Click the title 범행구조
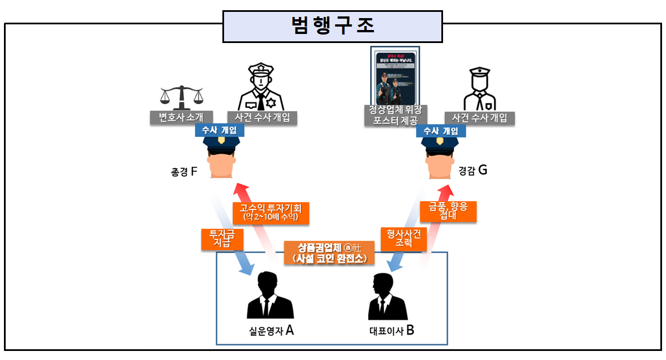pyautogui.click(x=332, y=27)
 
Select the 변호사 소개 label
pyautogui.click(x=182, y=118)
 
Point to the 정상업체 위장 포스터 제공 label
pyautogui.click(x=396, y=115)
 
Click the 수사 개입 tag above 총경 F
pyautogui.click(x=220, y=130)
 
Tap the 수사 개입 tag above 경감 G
pyautogui.click(x=441, y=130)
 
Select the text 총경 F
pyautogui.click(x=184, y=171)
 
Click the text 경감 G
pyautogui.click(x=475, y=170)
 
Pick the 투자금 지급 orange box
pyautogui.click(x=222, y=239)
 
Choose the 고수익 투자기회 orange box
pyautogui.click(x=270, y=212)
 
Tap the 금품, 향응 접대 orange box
pyautogui.click(x=448, y=211)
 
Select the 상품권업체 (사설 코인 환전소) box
pyautogui.click(x=329, y=252)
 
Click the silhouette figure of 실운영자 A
pyautogui.click(x=270, y=296)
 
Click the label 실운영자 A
pyautogui.click(x=271, y=331)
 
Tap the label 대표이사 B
pyautogui.click(x=392, y=331)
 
